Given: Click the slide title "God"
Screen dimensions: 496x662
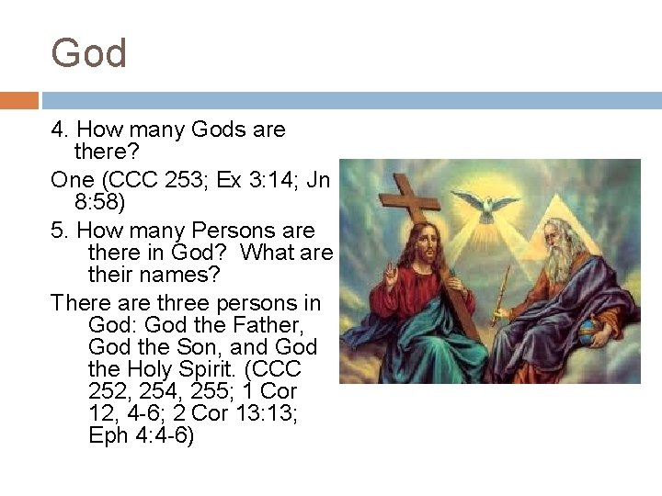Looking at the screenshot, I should pos(89,54).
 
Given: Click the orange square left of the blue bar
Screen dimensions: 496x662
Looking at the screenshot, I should pos(19,100).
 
